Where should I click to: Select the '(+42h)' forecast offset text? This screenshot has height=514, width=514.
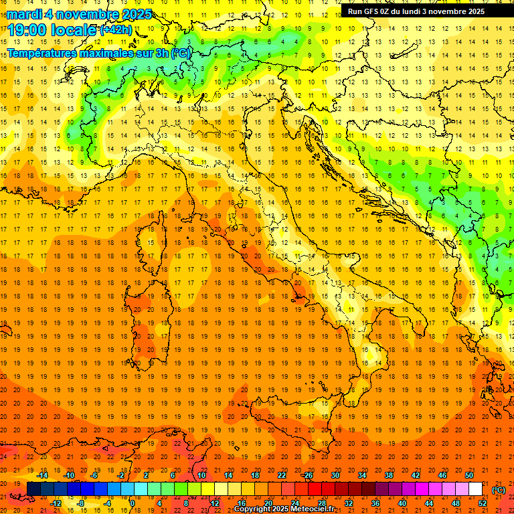pos(116,29)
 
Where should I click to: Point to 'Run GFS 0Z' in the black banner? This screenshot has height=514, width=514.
pos(369,11)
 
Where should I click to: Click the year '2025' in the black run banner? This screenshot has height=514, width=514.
pos(473,11)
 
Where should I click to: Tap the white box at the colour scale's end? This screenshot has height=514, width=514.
pos(475,489)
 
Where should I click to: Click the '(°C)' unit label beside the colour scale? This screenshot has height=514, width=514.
pos(499,489)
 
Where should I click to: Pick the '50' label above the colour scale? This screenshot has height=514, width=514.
pos(469,475)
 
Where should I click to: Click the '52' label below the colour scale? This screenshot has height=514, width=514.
pos(482,503)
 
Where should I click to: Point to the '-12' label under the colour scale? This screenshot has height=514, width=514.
pos(56,503)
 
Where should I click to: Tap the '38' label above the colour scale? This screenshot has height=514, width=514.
pos(389,475)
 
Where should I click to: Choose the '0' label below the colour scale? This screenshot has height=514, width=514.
pos(133,503)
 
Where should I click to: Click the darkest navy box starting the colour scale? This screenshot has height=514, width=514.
pos(33,489)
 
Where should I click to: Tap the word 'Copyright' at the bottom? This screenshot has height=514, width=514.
pos(253,509)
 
